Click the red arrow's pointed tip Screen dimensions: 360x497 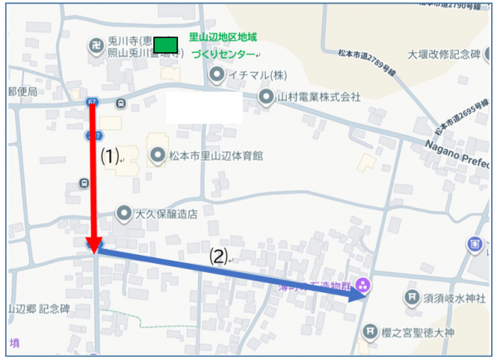pyautogui.click(x=94, y=250)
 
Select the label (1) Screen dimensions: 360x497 pyautogui.click(x=110, y=155)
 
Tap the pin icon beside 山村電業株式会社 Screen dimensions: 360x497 pyautogui.click(x=265, y=97)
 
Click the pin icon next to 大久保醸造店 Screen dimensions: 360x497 pyautogui.click(x=124, y=213)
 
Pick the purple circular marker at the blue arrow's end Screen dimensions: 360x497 pyautogui.click(x=362, y=286)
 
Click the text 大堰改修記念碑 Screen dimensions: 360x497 pyautogui.click(x=444, y=55)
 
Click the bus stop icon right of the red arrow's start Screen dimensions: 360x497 pyautogui.click(x=121, y=103)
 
